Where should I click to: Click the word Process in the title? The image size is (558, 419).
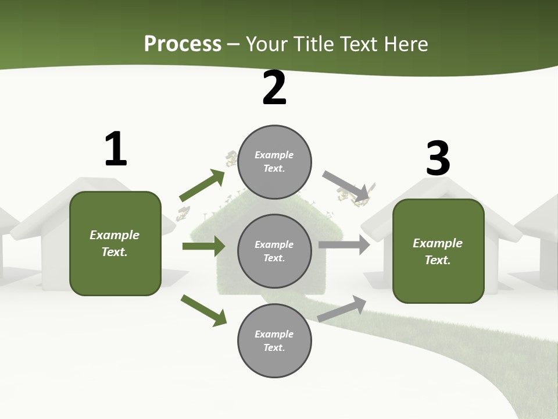tap(183, 44)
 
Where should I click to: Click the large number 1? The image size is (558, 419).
tap(115, 149)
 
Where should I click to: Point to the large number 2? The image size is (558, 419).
tap(274, 88)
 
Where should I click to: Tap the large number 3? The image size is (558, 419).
tap(438, 158)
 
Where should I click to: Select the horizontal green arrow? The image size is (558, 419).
tap(203, 246)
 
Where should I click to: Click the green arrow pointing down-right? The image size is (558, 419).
tap(203, 310)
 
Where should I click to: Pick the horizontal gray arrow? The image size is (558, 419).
tap(344, 244)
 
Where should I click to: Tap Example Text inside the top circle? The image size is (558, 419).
tap(274, 162)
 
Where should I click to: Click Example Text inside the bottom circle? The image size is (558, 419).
tap(274, 341)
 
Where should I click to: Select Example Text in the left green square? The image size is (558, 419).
tap(115, 243)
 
